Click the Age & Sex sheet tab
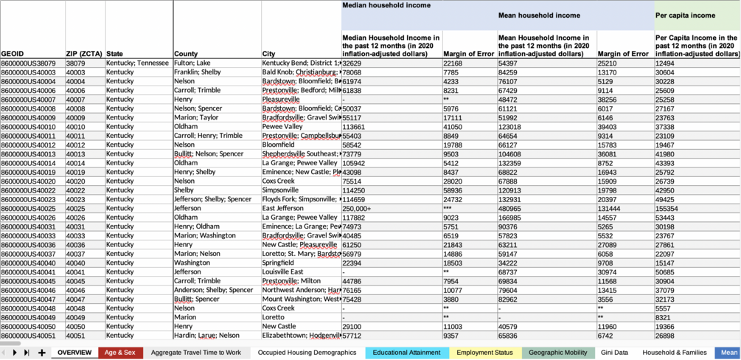coord(120,353)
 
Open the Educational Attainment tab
coord(406,353)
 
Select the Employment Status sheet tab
coord(484,353)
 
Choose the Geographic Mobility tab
coord(558,353)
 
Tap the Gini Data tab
coord(614,353)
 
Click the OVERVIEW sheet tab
coord(74,353)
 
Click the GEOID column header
coord(13,54)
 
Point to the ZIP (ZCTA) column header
coord(84,54)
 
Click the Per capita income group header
coord(685,15)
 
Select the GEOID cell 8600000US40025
coord(29,209)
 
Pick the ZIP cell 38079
coord(76,63)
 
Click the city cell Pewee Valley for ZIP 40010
coord(283,127)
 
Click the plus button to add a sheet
coord(42,353)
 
